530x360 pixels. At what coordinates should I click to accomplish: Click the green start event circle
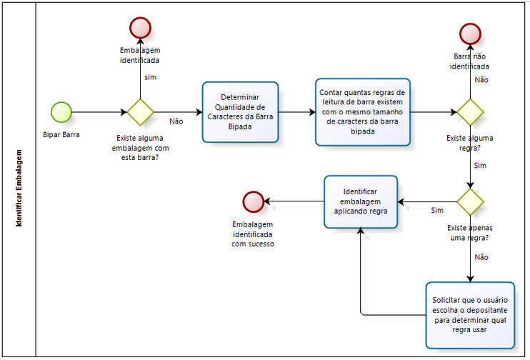(61, 112)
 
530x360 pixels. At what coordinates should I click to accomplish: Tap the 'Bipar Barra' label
(61, 134)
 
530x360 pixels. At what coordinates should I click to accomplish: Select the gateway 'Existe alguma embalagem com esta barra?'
(140, 112)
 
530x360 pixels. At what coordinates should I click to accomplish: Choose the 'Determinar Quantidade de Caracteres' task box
(240, 111)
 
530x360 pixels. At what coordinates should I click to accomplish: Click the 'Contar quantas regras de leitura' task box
(363, 111)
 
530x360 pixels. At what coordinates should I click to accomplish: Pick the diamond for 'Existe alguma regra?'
(470, 112)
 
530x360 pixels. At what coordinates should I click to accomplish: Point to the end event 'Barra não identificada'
(470, 34)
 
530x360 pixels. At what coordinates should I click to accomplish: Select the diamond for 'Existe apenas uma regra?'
(470, 201)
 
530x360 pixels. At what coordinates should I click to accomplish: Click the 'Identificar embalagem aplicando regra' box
(361, 201)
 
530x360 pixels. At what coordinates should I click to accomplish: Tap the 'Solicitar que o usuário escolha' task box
(469, 315)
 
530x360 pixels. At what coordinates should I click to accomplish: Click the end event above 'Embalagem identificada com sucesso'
(253, 201)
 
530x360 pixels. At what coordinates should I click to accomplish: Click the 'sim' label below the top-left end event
(151, 76)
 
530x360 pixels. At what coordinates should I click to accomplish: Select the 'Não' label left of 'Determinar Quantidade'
(176, 121)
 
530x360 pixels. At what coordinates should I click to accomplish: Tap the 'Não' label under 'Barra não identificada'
(481, 80)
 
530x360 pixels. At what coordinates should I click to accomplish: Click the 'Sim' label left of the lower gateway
(437, 210)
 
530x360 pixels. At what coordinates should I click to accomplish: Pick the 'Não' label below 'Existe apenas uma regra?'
(481, 256)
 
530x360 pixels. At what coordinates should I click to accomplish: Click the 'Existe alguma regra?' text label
(469, 143)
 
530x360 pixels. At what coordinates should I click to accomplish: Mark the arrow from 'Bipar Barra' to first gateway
(100, 112)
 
